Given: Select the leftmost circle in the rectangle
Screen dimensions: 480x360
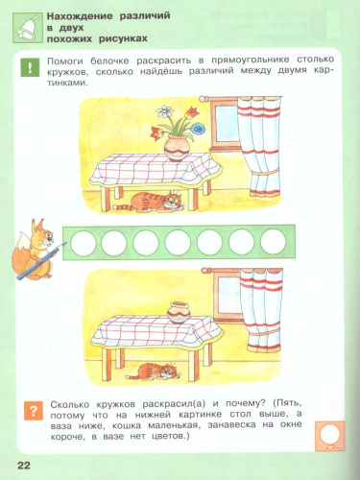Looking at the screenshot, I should pyautogui.click(x=81, y=239).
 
